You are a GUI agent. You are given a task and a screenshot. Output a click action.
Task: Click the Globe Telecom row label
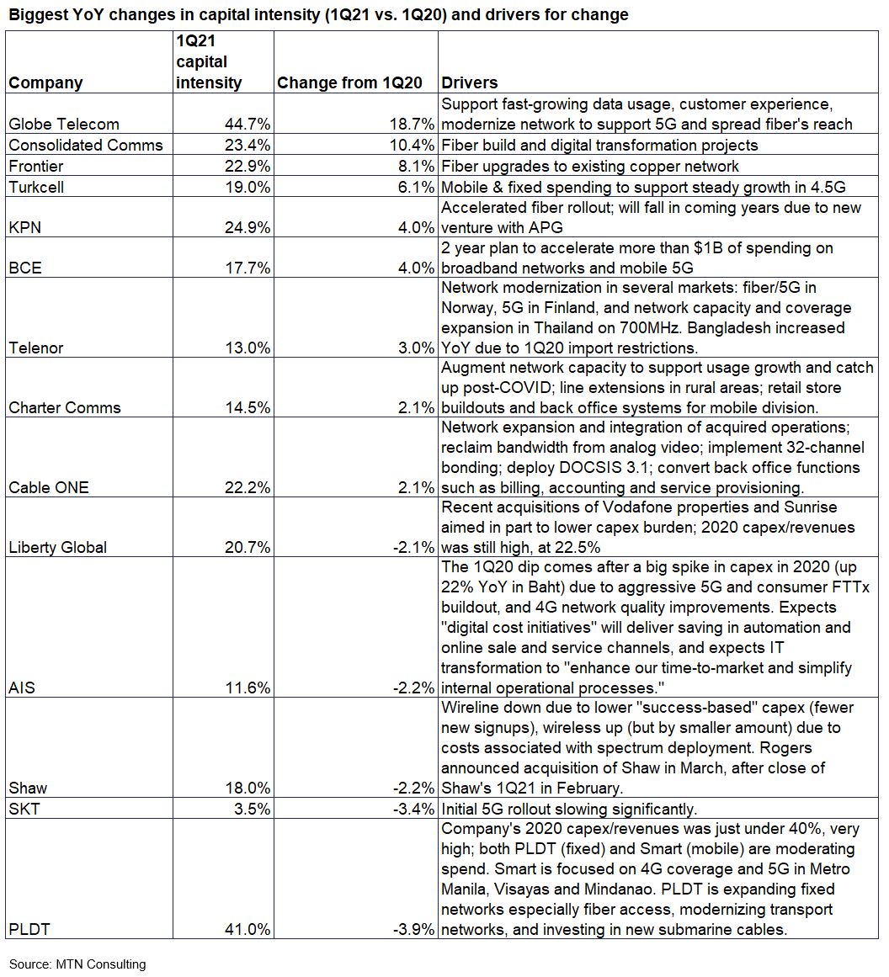[x=64, y=125]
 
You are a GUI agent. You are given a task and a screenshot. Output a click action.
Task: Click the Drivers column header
[x=469, y=82]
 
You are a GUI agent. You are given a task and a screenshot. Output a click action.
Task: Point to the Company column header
[x=45, y=82]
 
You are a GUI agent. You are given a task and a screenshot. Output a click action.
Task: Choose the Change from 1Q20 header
[x=355, y=82]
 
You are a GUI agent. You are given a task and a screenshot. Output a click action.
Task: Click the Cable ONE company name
[x=48, y=488]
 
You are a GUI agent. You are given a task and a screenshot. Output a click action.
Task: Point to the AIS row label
[x=22, y=688]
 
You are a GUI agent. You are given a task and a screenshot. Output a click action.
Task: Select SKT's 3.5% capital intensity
[x=250, y=809]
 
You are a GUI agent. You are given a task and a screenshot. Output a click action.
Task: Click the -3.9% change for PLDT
[x=414, y=930]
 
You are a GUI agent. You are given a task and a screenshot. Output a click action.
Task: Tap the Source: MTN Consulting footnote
[x=77, y=964]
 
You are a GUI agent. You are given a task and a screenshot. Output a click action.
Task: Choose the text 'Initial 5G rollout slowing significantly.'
[x=569, y=809]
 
